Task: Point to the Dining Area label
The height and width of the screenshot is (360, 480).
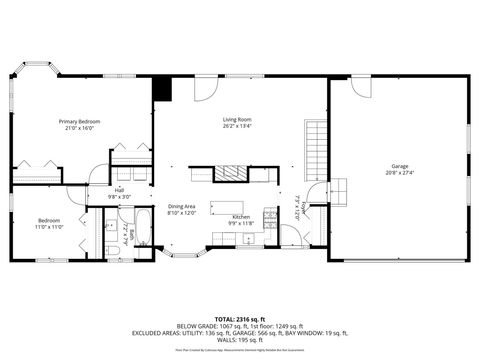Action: [181, 206]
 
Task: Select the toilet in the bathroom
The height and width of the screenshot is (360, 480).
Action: [111, 249]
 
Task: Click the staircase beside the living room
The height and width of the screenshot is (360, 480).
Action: [316, 147]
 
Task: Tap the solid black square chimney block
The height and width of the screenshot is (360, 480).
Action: [162, 88]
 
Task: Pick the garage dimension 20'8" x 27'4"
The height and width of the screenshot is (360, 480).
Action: [398, 173]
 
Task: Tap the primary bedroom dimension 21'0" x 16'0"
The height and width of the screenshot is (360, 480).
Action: [80, 128]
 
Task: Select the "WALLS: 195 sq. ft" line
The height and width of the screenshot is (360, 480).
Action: [240, 340]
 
